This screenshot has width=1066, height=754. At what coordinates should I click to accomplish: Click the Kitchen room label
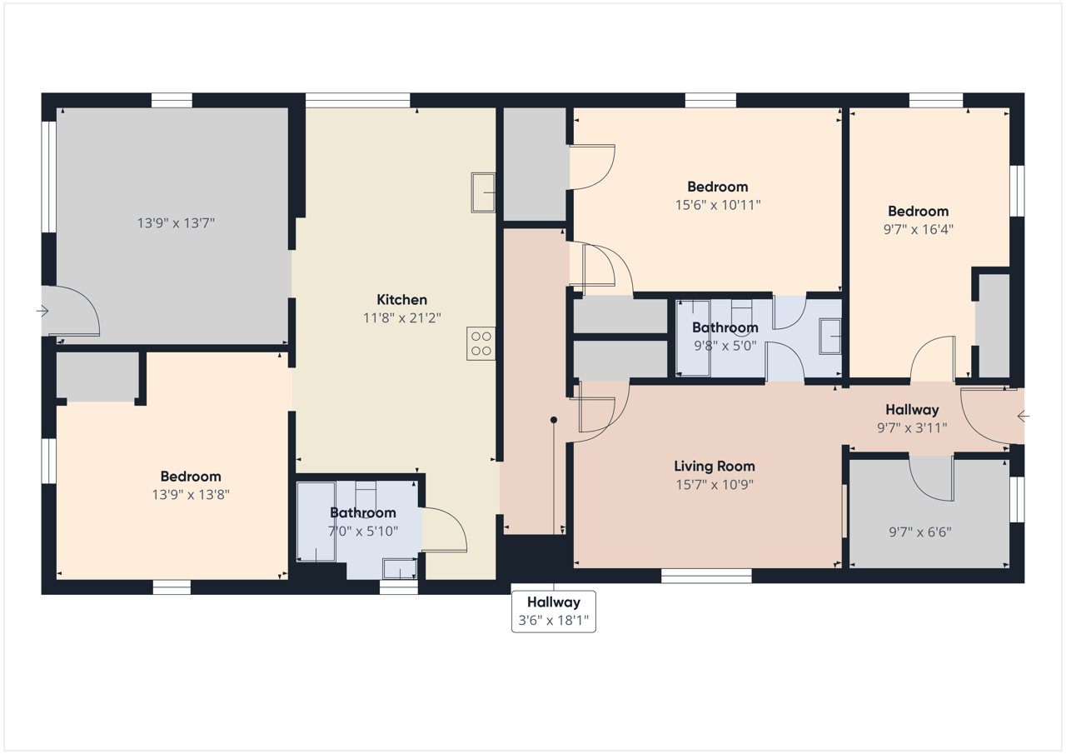pos(401,299)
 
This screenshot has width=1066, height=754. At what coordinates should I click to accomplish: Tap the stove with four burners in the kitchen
pos(481,343)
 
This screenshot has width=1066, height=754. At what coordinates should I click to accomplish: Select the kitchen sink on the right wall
pos(483,192)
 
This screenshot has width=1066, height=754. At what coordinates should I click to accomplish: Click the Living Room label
pos(715,466)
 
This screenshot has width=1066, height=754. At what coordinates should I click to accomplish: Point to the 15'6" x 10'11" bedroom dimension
pos(718,205)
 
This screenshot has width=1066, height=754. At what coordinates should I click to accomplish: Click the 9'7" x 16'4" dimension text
pos(919,229)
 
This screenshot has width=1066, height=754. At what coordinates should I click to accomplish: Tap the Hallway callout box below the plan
pos(554,612)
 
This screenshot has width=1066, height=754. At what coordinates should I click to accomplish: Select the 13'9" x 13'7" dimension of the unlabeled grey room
pos(176,222)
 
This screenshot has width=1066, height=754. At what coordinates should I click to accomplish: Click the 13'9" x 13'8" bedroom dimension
pos(191,495)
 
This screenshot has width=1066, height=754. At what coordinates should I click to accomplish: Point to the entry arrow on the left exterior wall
pos(42,312)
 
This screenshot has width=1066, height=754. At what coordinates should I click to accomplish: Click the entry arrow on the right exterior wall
pos(1024,417)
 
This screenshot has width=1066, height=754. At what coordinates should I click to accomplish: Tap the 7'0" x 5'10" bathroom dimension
pos(362,531)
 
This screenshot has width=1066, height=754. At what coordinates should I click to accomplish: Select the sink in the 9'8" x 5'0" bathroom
pos(830,337)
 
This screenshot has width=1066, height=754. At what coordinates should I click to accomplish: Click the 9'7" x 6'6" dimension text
pos(920,532)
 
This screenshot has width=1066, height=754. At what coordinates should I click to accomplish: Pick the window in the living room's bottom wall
pos(706,576)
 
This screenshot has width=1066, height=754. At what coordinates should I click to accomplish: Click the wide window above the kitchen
pos(357,101)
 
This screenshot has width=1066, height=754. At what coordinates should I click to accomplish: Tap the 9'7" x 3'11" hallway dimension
pos(912,428)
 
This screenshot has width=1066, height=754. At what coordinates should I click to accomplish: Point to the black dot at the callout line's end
pos(554,420)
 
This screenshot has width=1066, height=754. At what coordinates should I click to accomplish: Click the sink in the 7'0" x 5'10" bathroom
pos(400,569)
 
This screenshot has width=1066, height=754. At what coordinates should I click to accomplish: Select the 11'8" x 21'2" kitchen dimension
pos(401,317)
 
